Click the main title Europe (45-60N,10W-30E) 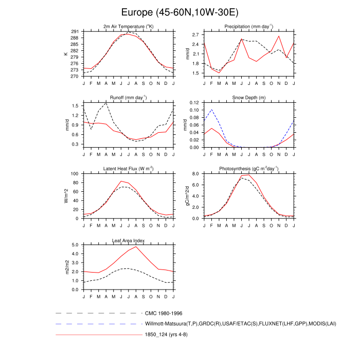[x=180, y=12]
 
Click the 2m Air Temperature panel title [x=129, y=26]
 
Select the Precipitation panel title [x=249, y=26]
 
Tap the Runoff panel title [x=129, y=97]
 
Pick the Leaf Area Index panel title [x=129, y=240]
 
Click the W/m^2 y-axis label [x=66, y=196]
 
